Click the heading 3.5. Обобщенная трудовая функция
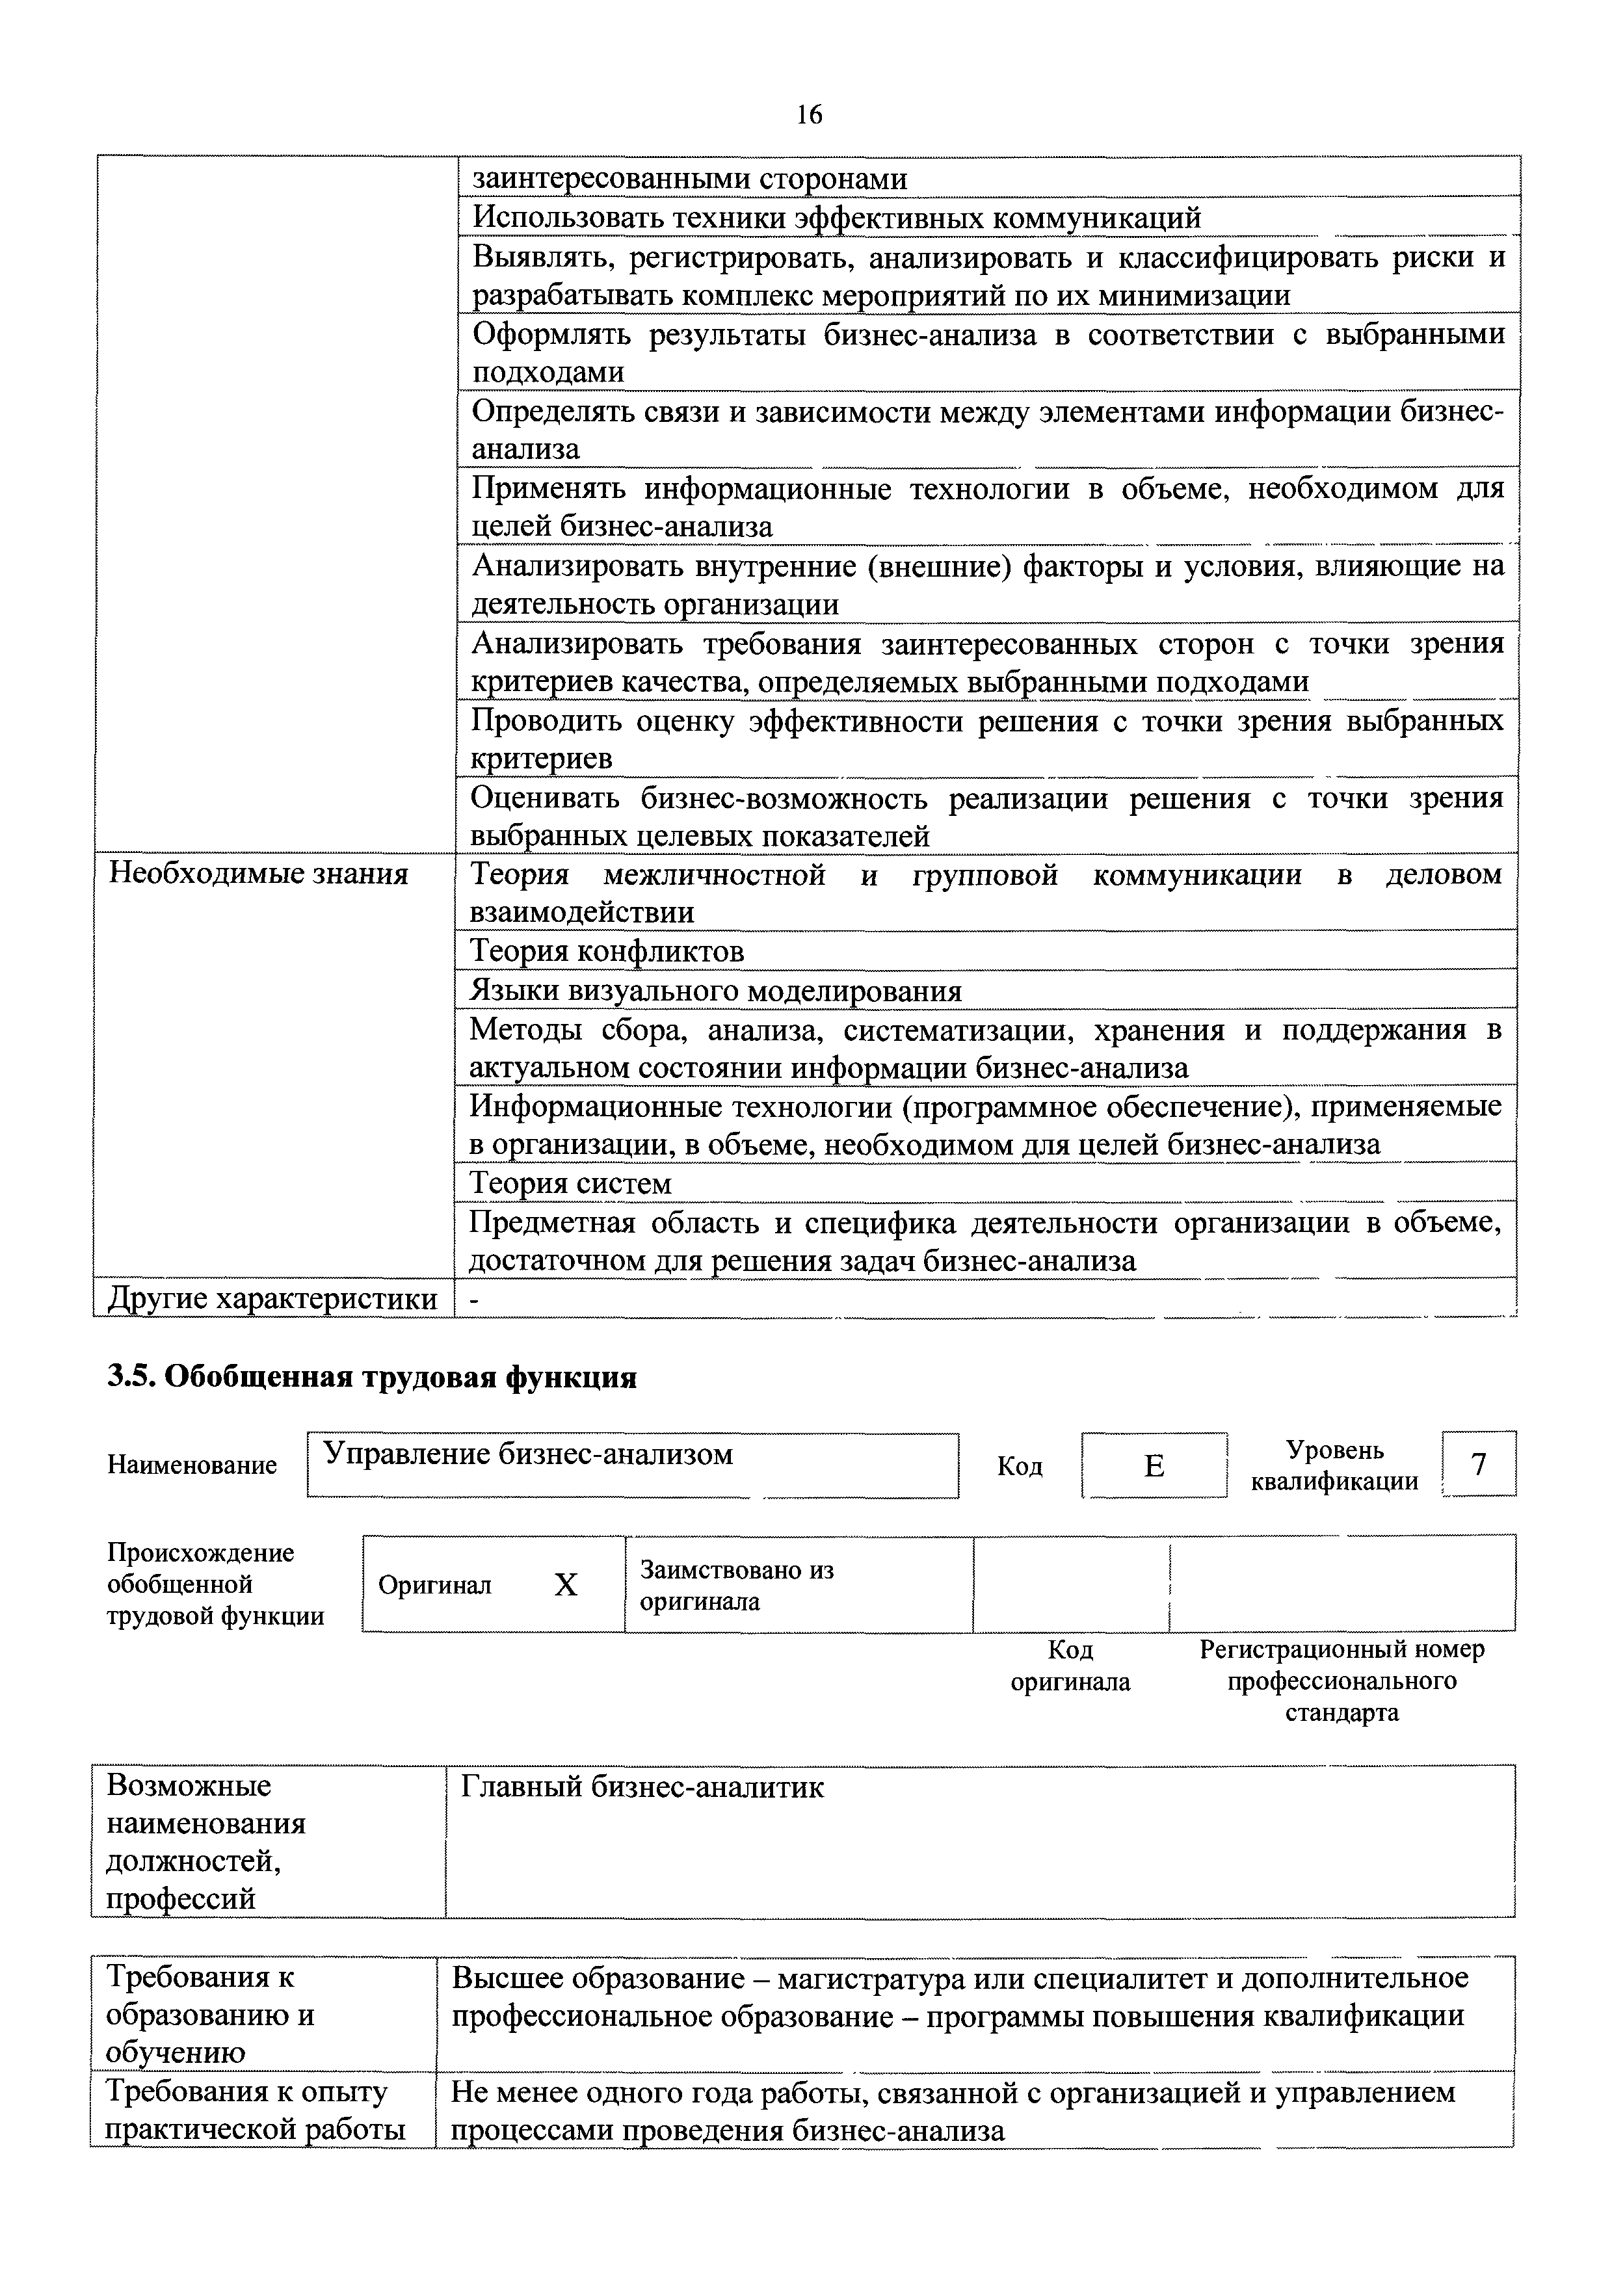[x=371, y=1378]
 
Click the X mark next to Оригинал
[x=565, y=1586]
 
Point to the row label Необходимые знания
[x=258, y=875]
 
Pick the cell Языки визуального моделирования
[x=715, y=991]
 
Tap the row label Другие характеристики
[x=272, y=1299]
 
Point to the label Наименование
[x=192, y=1465]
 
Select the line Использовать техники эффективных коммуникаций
[x=836, y=218]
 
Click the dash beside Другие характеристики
[x=474, y=1300]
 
